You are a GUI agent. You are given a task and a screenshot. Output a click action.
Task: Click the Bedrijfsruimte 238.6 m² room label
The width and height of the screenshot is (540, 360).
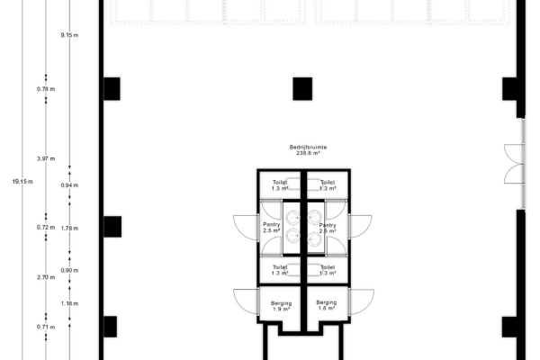coord(301,149)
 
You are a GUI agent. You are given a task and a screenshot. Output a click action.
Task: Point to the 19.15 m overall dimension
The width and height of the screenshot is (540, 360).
coord(22,181)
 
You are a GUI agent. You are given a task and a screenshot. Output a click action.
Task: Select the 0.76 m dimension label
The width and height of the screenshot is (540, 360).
coord(46,89)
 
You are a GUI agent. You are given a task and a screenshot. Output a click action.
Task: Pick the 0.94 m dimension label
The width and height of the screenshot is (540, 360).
coord(69,184)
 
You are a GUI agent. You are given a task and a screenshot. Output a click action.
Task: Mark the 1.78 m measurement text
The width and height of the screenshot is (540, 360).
coord(69,228)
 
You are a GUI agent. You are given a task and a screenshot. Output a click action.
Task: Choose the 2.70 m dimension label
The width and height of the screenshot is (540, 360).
coord(46,277)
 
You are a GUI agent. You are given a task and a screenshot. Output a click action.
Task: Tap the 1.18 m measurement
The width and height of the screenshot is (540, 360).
coord(69,304)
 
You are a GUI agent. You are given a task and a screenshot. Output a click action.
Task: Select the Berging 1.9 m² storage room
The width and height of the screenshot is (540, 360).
coord(281,306)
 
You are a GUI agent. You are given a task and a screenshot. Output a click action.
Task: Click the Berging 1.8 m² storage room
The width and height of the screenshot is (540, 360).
coord(326,306)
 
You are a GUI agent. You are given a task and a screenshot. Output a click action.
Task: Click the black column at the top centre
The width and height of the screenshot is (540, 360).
coord(301,88)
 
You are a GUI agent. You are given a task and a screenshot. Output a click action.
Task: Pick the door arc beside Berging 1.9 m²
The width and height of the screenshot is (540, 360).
coord(246,301)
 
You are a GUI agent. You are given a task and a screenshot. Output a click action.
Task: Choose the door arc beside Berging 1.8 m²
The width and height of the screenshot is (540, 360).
coord(361,301)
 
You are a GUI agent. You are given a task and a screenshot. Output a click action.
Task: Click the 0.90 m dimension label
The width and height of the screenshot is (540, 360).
coord(69,270)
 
